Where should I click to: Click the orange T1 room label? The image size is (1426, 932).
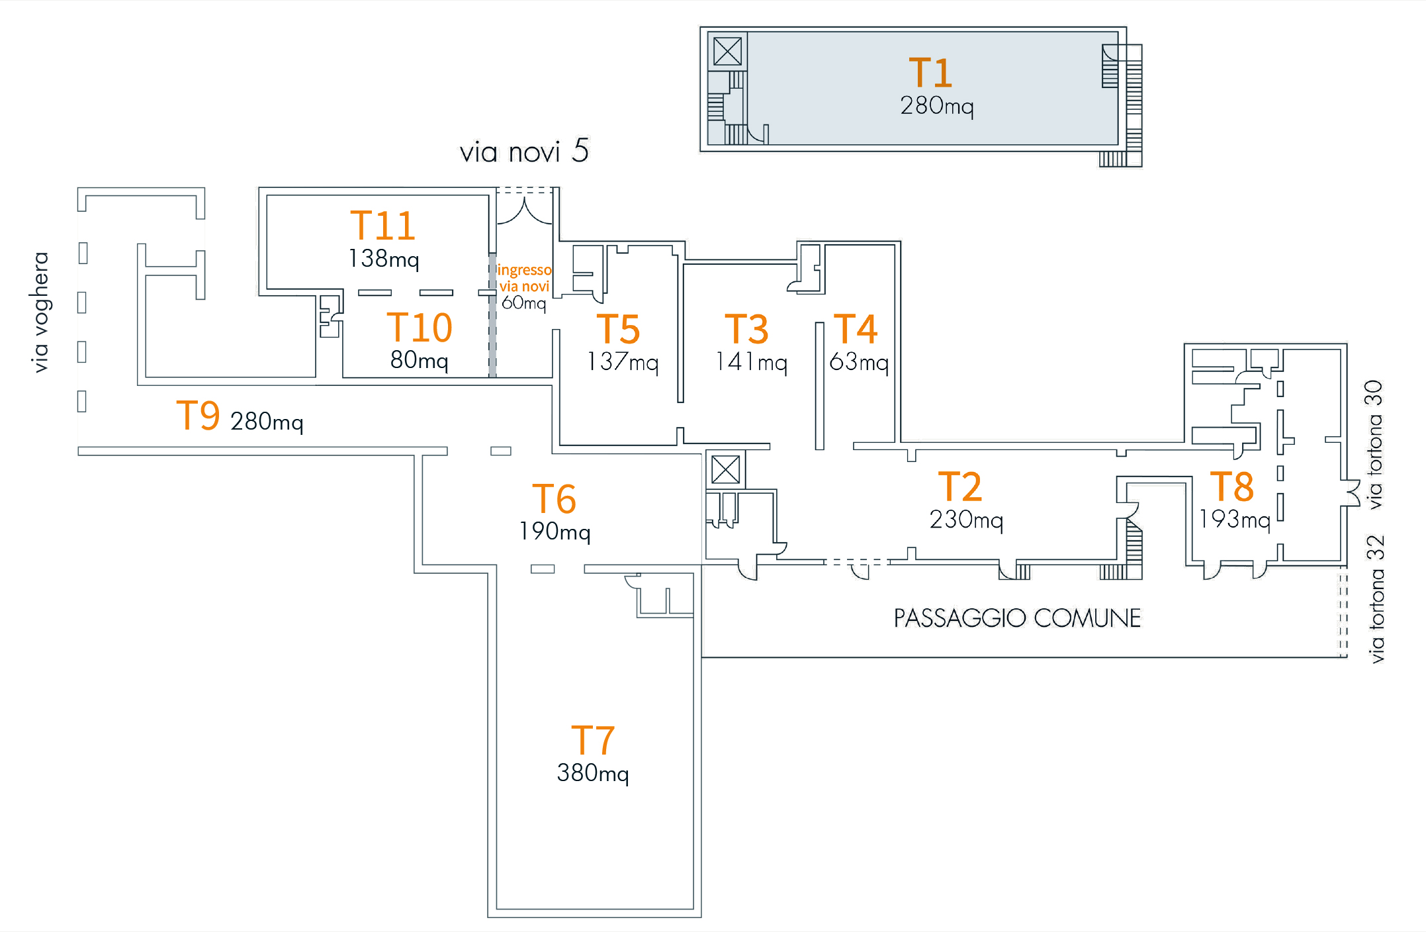930,73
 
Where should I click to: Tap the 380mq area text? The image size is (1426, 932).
593,773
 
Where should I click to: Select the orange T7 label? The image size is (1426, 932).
593,740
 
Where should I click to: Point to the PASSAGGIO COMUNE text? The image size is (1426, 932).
1017,618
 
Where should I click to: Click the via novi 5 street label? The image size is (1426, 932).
524,152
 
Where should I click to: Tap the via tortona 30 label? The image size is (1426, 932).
1374,444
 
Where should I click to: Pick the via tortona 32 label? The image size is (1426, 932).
1376,599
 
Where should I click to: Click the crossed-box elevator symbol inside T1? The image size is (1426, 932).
727,51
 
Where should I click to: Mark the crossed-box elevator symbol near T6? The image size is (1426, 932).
725,470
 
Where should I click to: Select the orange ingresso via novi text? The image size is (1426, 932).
524,278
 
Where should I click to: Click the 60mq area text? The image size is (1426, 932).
523,303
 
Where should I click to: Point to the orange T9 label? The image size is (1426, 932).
198,416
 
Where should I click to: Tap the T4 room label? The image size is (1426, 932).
855,329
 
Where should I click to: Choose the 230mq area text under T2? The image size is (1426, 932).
966,520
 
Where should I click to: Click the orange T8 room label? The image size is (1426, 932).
1231,487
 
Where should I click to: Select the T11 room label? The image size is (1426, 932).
382,226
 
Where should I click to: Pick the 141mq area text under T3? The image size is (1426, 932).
751,362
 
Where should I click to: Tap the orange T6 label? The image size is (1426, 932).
554,498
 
